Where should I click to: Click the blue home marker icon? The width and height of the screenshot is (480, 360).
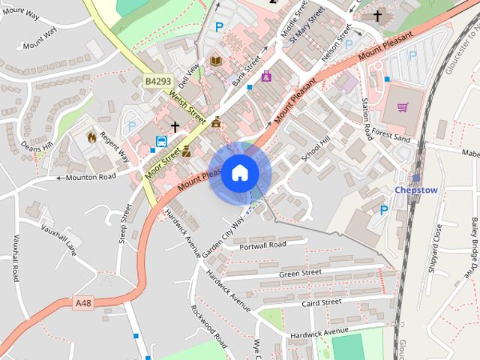pos(239,173)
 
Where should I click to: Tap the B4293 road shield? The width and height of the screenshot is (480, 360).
pos(158,80)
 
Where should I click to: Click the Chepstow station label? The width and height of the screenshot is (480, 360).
pos(415,190)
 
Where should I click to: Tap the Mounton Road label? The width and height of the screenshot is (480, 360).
pos(91,177)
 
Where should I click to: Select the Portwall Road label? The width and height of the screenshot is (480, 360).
pos(262,246)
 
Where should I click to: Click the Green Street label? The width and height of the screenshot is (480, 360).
pos(300,272)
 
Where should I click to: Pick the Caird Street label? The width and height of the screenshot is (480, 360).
pos(320,302)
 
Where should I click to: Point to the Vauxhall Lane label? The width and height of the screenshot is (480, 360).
pos(59,237)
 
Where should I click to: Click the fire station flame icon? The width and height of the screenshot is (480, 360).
pos(91,137)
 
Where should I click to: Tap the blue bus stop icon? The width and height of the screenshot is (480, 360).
pos(161,142)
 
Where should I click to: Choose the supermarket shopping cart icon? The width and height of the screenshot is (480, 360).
pos(403,107)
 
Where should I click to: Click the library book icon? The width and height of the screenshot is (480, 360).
pos(216,61)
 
